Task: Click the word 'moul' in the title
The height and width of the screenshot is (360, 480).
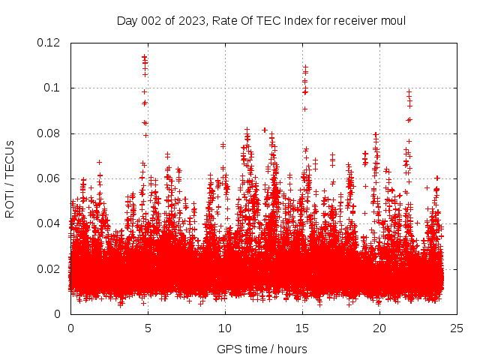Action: [x=391, y=20]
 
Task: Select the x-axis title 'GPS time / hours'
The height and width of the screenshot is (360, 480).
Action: [x=262, y=349]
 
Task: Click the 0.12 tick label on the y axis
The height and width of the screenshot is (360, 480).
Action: [x=49, y=43]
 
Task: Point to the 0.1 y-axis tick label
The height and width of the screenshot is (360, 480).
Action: [x=54, y=88]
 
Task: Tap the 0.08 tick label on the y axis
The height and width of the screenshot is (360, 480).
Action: [x=49, y=133]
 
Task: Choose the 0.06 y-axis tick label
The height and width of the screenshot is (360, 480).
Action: [x=49, y=178]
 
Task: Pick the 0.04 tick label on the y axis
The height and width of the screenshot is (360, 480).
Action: [x=49, y=223]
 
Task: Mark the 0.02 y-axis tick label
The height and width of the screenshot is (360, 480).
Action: [x=49, y=269]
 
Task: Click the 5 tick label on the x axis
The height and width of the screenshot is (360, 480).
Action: [x=148, y=328]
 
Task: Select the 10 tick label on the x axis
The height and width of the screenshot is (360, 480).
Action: [x=225, y=328]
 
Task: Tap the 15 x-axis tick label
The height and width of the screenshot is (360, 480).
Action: [x=302, y=328]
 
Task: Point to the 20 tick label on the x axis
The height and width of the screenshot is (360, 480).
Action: [x=379, y=328]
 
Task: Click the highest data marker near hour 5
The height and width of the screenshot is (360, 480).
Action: [x=144, y=55]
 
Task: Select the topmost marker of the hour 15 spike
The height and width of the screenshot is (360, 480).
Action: [x=305, y=67]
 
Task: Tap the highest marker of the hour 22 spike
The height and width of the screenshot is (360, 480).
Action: [x=409, y=92]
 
